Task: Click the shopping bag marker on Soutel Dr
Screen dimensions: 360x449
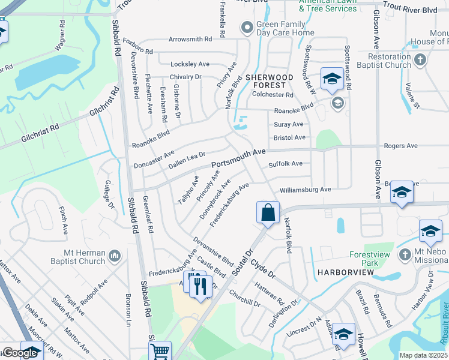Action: tap(268, 212)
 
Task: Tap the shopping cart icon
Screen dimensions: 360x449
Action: tap(160, 351)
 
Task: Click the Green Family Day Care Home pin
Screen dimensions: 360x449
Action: tap(246, 28)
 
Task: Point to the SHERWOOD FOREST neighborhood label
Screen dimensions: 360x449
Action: tap(269, 82)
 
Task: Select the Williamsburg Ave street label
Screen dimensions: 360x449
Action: tap(305, 190)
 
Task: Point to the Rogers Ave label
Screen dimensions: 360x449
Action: tap(400, 146)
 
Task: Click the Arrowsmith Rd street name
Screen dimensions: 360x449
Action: tap(190, 39)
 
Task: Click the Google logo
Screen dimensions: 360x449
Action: tap(20, 353)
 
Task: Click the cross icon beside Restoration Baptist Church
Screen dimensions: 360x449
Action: tap(420, 59)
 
